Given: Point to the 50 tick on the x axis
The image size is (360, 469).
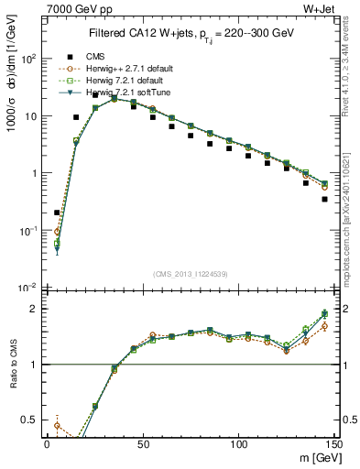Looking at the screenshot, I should [x=142, y=443].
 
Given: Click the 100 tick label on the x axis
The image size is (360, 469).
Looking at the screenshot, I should [x=238, y=443].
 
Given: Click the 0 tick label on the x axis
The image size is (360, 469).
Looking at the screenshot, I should [x=47, y=443].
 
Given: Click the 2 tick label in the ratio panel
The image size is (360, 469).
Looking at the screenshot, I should [x=33, y=309].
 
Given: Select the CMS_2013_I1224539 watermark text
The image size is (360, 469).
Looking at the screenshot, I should [x=190, y=272].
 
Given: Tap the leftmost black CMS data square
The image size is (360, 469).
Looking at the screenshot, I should [x=57, y=213].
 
